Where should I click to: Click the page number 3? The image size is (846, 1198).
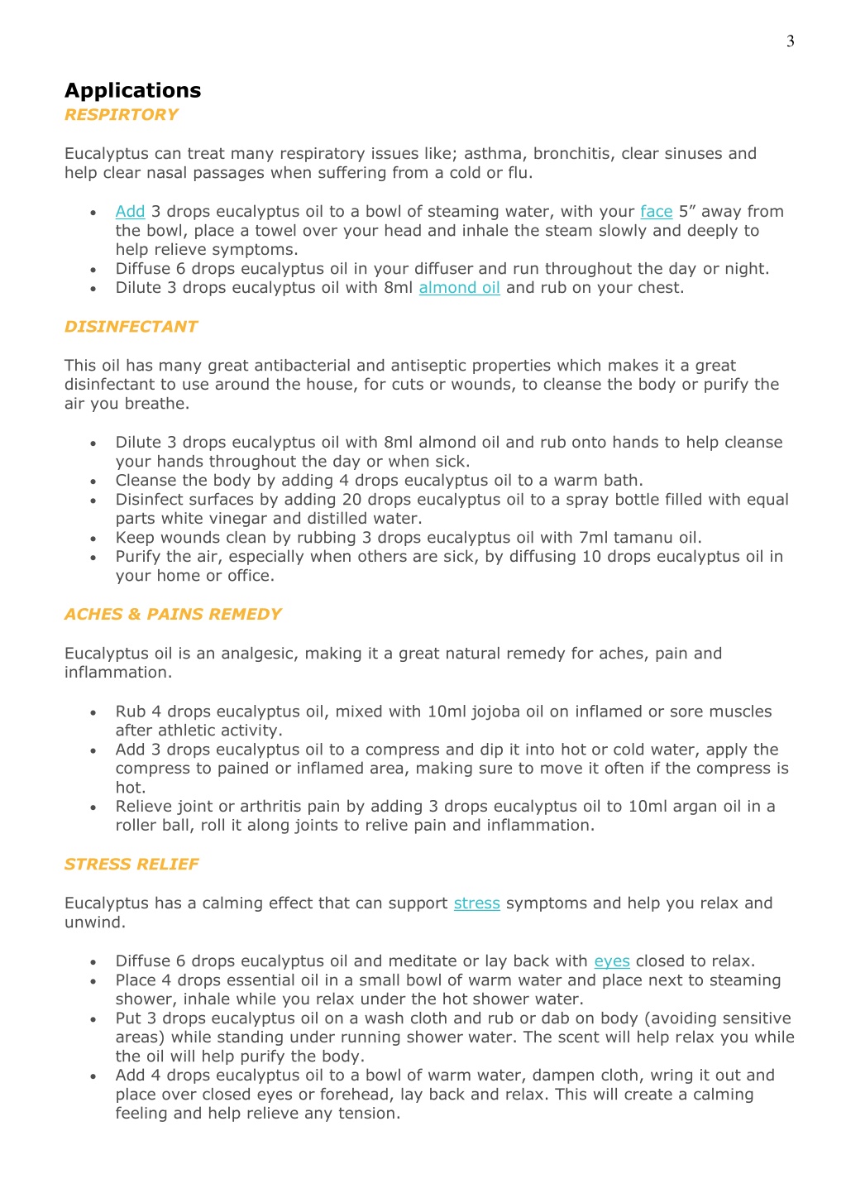(x=791, y=41)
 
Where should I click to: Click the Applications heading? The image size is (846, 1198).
(x=133, y=90)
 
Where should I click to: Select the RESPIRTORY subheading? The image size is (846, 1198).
(x=122, y=115)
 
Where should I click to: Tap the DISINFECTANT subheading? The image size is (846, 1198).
(x=131, y=327)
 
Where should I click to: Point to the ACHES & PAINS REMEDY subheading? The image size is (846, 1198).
(x=173, y=615)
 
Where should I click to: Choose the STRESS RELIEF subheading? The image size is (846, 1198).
(x=131, y=865)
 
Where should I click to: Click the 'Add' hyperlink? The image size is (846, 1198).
(x=130, y=212)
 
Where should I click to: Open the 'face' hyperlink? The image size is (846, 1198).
(x=656, y=212)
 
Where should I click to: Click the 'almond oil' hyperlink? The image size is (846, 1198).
(x=459, y=288)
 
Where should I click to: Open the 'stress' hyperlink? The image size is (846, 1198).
(x=476, y=903)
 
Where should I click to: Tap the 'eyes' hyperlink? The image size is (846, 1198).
(x=612, y=961)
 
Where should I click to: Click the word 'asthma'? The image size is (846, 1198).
(x=494, y=154)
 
